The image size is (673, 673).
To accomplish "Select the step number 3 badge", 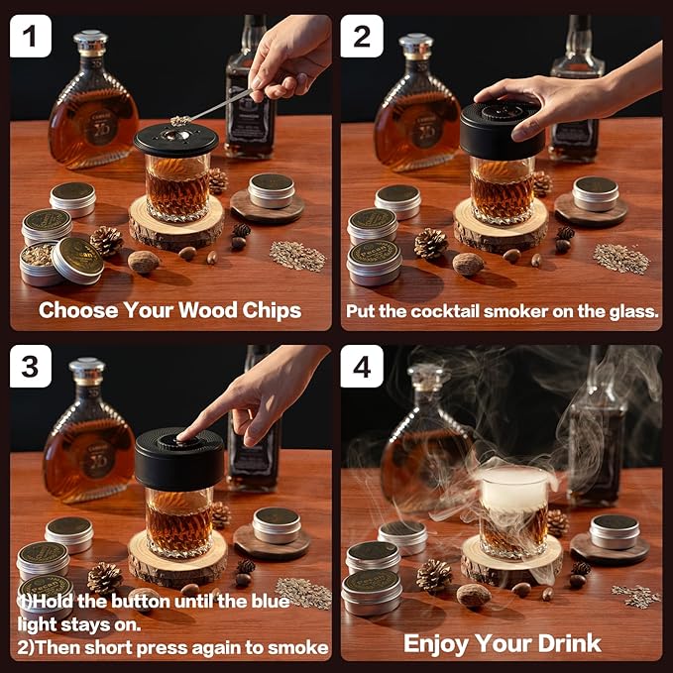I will pyautogui.click(x=31, y=367).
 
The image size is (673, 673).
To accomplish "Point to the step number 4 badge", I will pyautogui.click(x=362, y=367).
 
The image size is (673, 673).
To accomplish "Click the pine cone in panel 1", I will pyautogui.click(x=106, y=240).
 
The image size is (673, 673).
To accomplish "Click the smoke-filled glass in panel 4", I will pyautogui.click(x=515, y=510).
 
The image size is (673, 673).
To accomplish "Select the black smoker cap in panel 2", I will pyautogui.click(x=502, y=129).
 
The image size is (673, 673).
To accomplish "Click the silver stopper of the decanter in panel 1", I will pyautogui.click(x=90, y=41).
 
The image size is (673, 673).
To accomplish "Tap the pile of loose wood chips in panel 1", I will pyautogui.click(x=296, y=255).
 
